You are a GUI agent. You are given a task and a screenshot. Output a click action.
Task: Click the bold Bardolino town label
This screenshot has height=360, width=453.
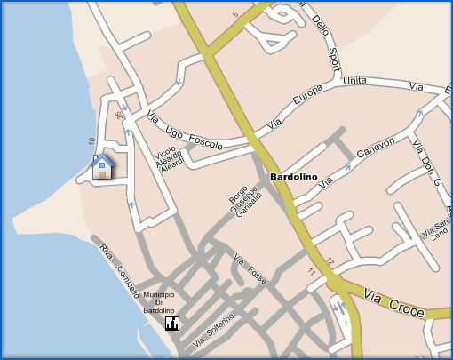click(295, 177)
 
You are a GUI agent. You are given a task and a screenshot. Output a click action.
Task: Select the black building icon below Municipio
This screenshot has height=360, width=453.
click(171, 323)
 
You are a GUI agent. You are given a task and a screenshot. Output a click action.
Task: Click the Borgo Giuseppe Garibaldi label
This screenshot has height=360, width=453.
click(242, 204)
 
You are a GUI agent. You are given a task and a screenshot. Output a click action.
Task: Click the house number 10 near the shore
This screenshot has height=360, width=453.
click(91, 141)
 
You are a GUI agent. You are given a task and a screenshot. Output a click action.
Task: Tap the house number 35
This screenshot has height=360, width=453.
click(118, 115)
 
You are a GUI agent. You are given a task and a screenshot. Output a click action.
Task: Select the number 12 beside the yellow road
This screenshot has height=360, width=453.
click(330, 261)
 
